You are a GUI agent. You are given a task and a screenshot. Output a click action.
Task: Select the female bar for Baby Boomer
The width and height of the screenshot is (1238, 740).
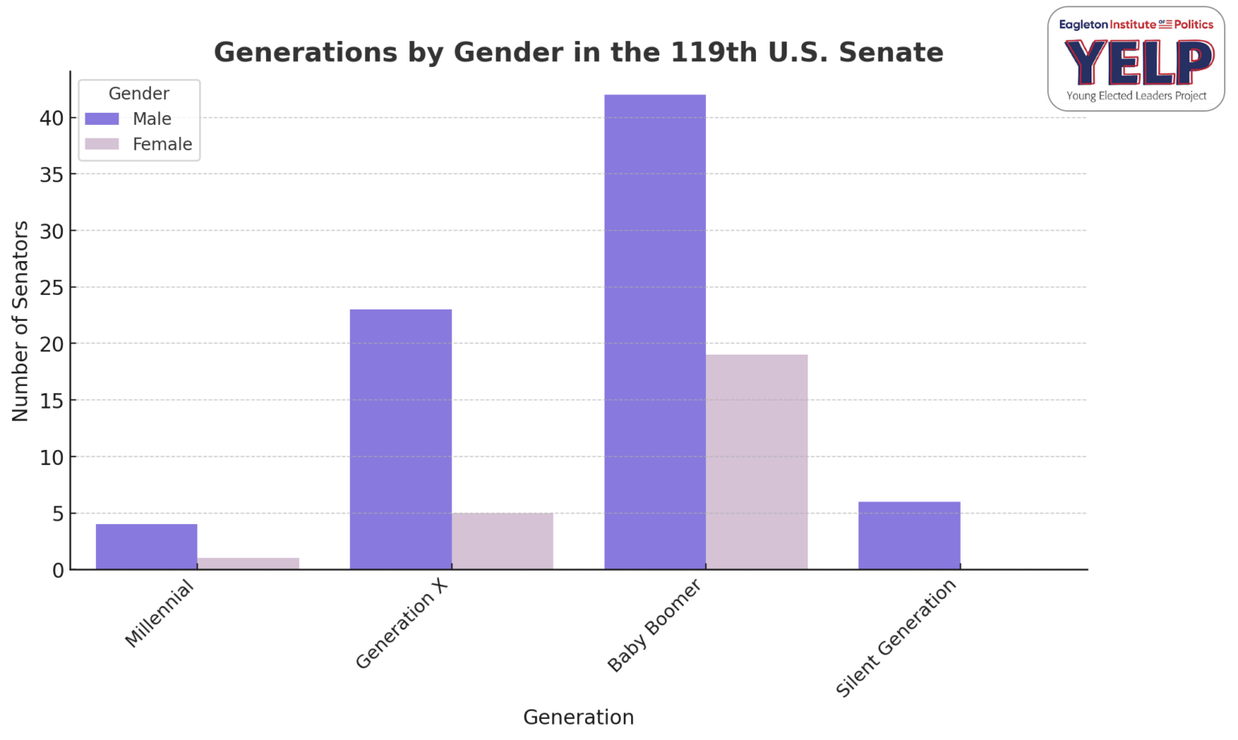pos(756,462)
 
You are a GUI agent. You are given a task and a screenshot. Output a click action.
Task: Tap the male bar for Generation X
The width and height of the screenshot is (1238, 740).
pos(401,439)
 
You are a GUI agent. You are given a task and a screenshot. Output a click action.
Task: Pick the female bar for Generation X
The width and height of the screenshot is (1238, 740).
pos(502,541)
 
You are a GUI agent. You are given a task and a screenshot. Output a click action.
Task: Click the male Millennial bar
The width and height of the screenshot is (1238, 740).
pos(146,547)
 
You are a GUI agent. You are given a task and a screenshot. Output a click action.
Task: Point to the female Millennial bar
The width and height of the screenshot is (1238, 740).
pos(248,563)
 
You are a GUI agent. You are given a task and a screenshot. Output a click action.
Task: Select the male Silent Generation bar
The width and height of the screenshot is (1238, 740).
pos(909,535)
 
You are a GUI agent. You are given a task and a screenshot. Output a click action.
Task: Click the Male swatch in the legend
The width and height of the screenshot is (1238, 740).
pos(102,118)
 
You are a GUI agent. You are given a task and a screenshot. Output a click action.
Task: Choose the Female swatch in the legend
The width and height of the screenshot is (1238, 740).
pos(102,144)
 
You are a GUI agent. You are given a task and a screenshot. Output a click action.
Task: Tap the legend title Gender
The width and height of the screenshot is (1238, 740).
pos(139,94)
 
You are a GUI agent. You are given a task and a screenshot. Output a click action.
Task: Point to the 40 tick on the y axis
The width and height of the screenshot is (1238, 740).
pos(52,118)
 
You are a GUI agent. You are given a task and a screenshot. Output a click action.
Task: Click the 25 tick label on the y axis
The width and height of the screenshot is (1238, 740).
pos(52,288)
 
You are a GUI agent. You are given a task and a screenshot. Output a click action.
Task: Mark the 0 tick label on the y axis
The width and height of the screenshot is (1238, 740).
pos(58,570)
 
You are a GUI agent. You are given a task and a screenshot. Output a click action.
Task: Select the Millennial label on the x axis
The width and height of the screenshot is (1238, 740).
pos(160,614)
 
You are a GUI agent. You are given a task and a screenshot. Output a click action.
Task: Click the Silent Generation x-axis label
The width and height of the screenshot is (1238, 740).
pos(896,638)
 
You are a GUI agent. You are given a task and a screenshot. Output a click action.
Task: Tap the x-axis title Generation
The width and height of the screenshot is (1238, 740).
pos(578,717)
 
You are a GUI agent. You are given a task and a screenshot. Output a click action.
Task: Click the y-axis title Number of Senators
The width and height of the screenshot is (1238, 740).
pos(20,321)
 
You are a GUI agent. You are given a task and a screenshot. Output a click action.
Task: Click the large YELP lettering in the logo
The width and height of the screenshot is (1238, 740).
pos(1137,63)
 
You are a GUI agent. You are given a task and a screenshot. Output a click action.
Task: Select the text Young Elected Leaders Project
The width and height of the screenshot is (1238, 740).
pos(1136,96)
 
